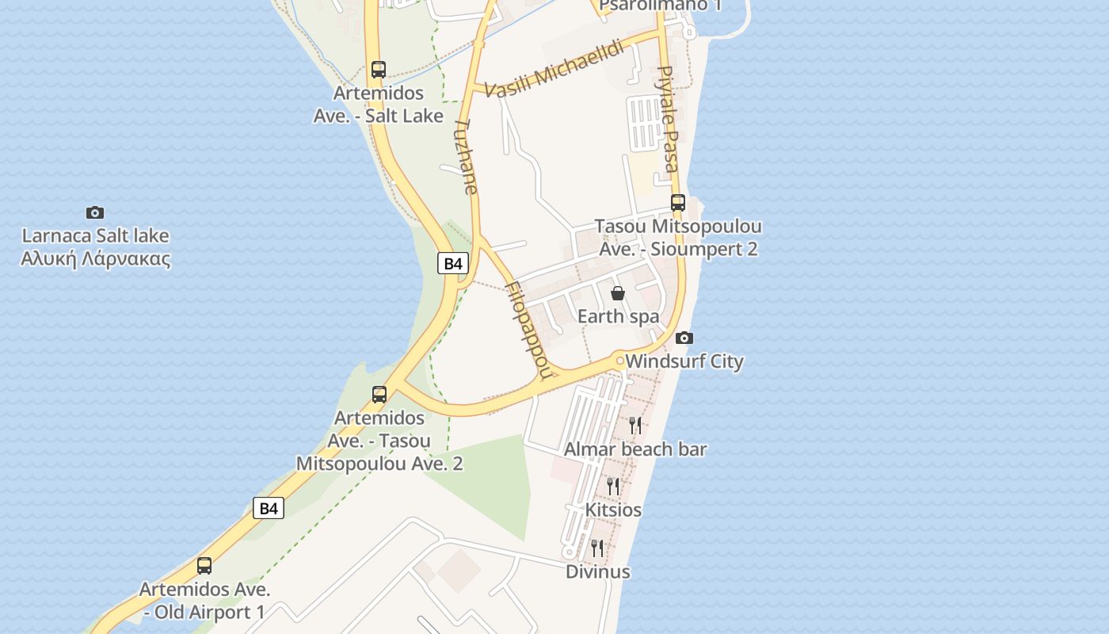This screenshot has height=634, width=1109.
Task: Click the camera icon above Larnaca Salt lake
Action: point(95,212)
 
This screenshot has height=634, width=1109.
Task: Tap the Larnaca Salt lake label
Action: point(95,247)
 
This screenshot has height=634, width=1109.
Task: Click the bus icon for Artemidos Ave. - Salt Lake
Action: point(379,69)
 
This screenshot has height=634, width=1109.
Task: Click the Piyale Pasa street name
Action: point(667,119)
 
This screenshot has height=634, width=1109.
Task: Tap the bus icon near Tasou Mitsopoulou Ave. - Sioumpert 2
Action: point(677,202)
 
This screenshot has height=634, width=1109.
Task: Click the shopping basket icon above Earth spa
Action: point(618,293)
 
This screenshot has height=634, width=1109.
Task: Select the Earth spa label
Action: point(618,316)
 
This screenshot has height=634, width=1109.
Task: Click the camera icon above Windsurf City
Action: point(684,338)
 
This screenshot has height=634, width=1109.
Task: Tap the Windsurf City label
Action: point(684,361)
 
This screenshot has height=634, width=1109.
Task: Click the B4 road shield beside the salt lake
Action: point(452,263)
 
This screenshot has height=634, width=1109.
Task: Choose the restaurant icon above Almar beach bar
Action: point(635,426)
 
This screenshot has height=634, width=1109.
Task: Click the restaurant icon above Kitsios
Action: point(613,486)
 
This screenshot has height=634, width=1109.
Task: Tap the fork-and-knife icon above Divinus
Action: point(597,548)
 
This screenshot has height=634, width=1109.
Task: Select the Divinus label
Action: point(597,571)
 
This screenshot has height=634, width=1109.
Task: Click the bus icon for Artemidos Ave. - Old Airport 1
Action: point(204,566)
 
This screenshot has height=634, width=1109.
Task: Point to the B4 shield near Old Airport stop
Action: point(269,508)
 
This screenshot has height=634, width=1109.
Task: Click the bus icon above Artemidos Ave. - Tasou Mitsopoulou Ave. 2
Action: point(379,394)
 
